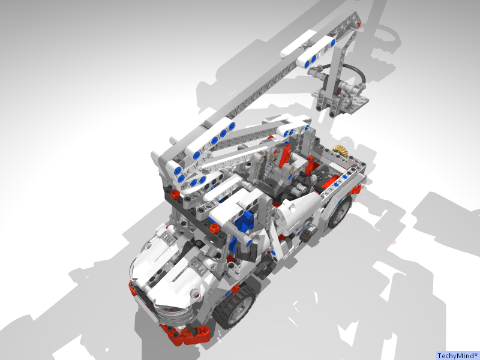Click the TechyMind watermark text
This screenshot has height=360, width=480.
(x=457, y=355)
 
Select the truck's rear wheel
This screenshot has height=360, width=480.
(x=339, y=211)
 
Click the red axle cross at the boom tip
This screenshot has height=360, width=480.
(x=358, y=25)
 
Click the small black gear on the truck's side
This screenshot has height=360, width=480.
(x=306, y=235)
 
